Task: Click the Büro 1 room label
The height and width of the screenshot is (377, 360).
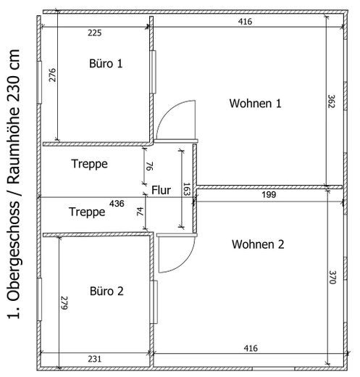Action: pyautogui.click(x=106, y=64)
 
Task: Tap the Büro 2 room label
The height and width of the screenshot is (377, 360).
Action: pyautogui.click(x=106, y=291)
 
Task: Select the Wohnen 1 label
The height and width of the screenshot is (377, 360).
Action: pyautogui.click(x=255, y=103)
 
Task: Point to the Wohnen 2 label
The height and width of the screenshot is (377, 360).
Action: pyautogui.click(x=258, y=244)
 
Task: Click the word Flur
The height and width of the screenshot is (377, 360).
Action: pyautogui.click(x=161, y=190)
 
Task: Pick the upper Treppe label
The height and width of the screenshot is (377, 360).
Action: pyautogui.click(x=89, y=164)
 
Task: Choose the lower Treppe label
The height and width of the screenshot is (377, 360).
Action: pyautogui.click(x=87, y=212)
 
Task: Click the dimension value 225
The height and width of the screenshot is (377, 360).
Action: pyautogui.click(x=95, y=33)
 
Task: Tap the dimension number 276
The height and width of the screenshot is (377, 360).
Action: pyautogui.click(x=53, y=75)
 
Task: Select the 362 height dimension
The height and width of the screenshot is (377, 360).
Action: pyautogui.click(x=331, y=101)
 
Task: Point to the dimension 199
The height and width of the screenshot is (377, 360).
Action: pyautogui.click(x=269, y=194)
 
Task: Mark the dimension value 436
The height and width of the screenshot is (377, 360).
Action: pyautogui.click(x=117, y=204)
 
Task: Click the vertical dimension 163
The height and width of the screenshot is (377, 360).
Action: pyautogui.click(x=187, y=189)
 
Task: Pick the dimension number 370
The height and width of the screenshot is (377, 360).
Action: pyautogui.click(x=332, y=278)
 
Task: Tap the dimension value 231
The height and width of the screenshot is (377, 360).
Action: pyautogui.click(x=95, y=359)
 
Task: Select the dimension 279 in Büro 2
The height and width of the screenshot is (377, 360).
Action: pyautogui.click(x=64, y=303)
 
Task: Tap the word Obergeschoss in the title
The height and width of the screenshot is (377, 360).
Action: pyautogui.click(x=14, y=252)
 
